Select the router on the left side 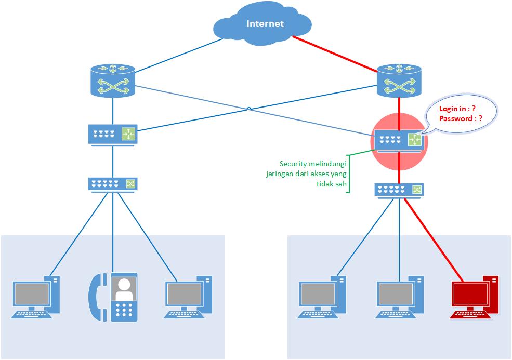pyautogui.click(x=112, y=81)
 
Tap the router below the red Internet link pyautogui.click(x=399, y=81)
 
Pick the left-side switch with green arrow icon pyautogui.click(x=112, y=134)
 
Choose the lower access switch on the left pyautogui.click(x=112, y=184)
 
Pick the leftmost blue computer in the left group pyautogui.click(x=36, y=297)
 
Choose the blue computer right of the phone pyautogui.click(x=188, y=297)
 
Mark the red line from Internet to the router pyautogui.click(x=335, y=54)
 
